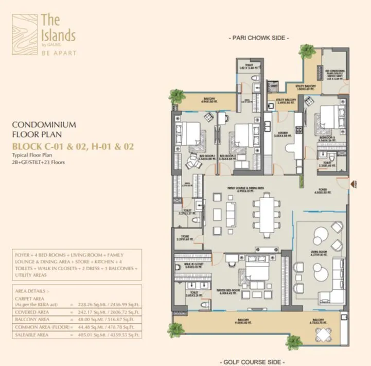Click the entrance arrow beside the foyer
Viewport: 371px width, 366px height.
point(354,183)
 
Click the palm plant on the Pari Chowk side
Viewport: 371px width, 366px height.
point(307,51)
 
